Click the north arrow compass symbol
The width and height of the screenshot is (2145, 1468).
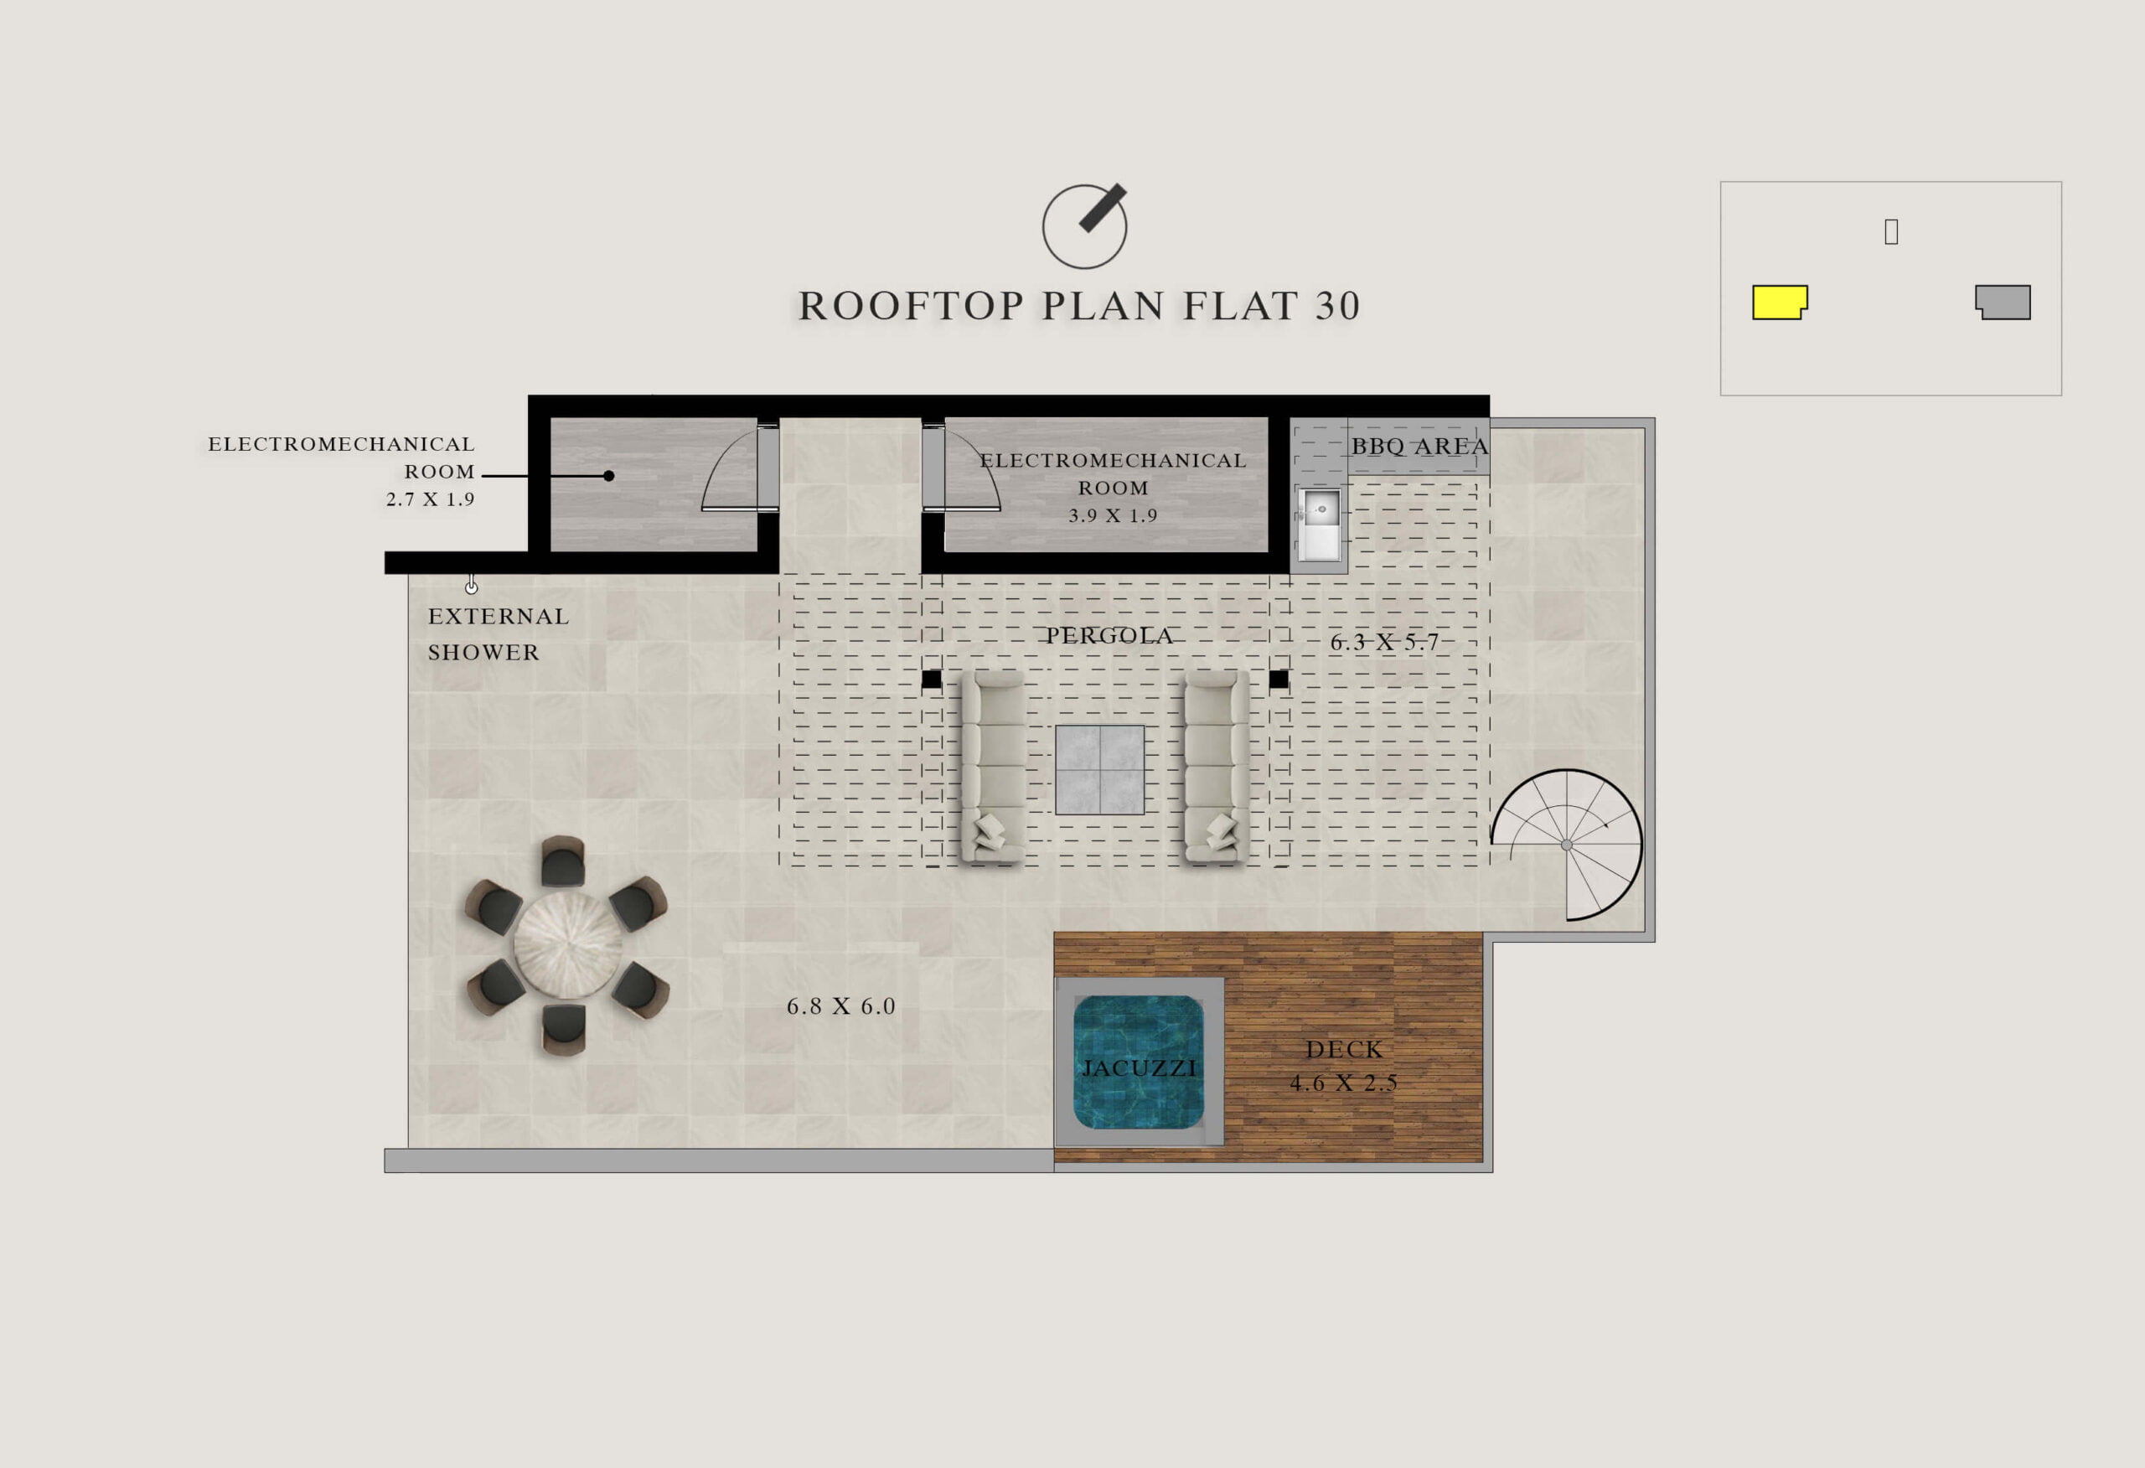(x=1084, y=226)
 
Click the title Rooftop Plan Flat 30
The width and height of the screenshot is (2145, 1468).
(x=1079, y=306)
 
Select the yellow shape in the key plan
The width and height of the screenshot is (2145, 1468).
(x=1780, y=302)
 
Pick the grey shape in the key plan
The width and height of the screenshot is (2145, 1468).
(x=2003, y=302)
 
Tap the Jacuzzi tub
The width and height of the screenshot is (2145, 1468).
(x=1139, y=1062)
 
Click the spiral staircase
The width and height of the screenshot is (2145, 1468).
(x=1566, y=845)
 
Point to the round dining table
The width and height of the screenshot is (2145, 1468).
(x=567, y=944)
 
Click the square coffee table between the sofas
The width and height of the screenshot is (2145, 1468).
(x=1100, y=770)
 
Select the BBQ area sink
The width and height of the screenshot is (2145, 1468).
(x=1320, y=525)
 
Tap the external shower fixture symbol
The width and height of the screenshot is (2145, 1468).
(x=472, y=584)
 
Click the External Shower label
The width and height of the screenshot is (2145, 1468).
(x=499, y=634)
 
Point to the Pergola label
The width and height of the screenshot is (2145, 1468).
(x=1109, y=635)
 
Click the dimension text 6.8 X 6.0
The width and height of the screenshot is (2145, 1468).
(x=841, y=1006)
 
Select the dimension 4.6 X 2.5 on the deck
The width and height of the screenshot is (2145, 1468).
(x=1344, y=1083)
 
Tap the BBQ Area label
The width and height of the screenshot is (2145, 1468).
(x=1419, y=446)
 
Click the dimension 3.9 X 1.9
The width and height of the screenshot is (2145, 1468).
(x=1113, y=515)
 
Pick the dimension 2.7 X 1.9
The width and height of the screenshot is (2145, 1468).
(x=430, y=499)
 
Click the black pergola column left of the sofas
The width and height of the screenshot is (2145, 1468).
(x=931, y=680)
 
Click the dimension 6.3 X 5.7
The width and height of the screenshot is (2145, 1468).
(x=1384, y=643)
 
